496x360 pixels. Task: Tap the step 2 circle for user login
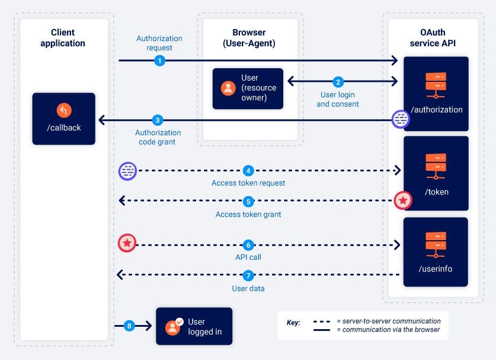point(338,82)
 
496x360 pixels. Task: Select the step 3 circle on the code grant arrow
point(157,120)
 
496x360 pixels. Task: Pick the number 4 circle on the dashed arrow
point(248,171)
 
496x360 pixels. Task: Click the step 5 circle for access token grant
point(248,201)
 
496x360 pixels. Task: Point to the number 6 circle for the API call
point(248,244)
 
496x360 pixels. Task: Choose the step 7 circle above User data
point(248,275)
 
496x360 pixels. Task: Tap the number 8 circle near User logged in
point(130,326)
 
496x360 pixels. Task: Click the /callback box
point(63,119)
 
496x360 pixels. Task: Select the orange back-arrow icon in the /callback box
point(64,110)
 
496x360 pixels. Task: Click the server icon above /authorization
point(436,85)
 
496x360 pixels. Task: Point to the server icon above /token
point(436,167)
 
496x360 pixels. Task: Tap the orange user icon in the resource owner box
point(228,88)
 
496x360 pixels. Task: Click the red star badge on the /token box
point(403,200)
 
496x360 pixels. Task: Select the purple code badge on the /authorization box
point(401,119)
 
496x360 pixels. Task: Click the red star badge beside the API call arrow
point(127,243)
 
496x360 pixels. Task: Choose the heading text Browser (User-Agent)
point(249,37)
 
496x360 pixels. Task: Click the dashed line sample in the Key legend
point(322,321)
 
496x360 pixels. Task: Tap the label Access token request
point(248,183)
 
